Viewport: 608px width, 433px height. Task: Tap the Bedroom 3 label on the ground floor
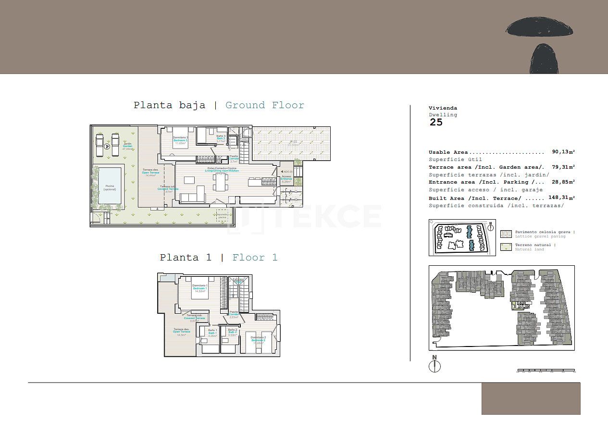pyautogui.click(x=181, y=140)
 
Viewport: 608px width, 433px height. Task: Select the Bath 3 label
pyautogui.click(x=221, y=139)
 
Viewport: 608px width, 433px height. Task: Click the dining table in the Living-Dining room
pyautogui.click(x=221, y=182)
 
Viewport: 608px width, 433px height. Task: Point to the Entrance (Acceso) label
pyautogui.click(x=286, y=179)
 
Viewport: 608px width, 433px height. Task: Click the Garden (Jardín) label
pyautogui.click(x=127, y=146)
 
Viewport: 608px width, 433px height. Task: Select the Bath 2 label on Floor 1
pyautogui.click(x=233, y=332)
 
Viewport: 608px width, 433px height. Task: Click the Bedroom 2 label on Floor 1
pyautogui.click(x=258, y=340)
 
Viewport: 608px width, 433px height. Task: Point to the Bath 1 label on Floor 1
pyautogui.click(x=212, y=332)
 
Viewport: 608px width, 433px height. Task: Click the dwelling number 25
pyautogui.click(x=436, y=122)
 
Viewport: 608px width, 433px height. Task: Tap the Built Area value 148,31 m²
pyautogui.click(x=561, y=198)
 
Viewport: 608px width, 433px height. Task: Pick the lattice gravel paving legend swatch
pyautogui.click(x=506, y=234)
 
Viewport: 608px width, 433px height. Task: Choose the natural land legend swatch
pyautogui.click(x=506, y=247)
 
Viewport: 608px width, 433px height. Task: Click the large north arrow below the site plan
pyautogui.click(x=434, y=366)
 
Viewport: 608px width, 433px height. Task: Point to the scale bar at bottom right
pyautogui.click(x=546, y=371)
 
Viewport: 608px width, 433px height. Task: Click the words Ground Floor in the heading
pyautogui.click(x=265, y=105)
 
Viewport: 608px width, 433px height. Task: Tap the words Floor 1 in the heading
pyautogui.click(x=255, y=258)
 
